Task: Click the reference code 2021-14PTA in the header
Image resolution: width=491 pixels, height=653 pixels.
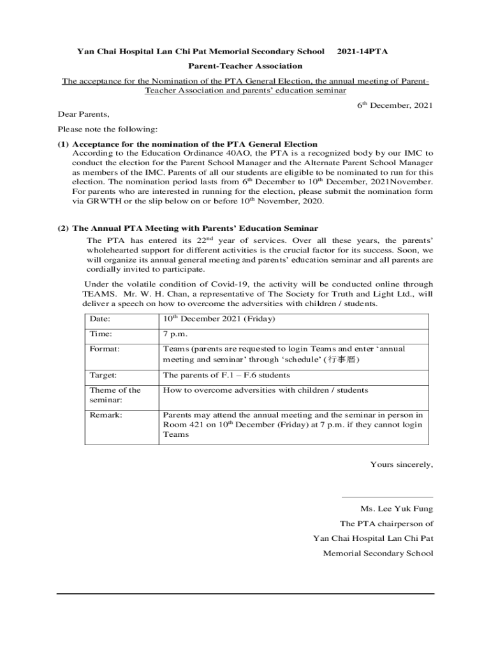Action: coord(362,50)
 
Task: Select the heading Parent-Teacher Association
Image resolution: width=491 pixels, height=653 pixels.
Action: coord(245,66)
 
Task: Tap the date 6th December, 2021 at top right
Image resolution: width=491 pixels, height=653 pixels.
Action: coord(395,105)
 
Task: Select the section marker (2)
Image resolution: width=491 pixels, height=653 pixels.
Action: coord(64,228)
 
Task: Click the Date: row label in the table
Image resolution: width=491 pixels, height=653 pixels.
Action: coord(101,319)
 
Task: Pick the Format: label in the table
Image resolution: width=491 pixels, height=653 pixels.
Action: coord(105,349)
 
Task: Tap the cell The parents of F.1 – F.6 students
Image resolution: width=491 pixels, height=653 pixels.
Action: coord(226,375)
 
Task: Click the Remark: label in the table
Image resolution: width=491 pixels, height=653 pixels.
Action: coord(106,415)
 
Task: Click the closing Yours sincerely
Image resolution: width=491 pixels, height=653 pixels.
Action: coord(401,464)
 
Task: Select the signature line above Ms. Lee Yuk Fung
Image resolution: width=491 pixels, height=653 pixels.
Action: coord(387,497)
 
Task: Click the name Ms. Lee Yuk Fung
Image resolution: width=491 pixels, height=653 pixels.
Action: coord(396,509)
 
